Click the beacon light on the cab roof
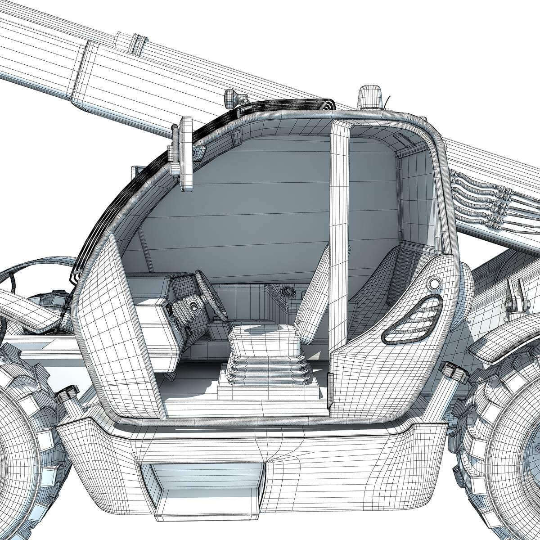tap(369, 96)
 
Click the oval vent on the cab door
tap(412, 320)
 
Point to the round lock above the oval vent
tap(434, 284)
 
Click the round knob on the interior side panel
tap(288, 292)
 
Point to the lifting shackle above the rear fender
tap(515, 297)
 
